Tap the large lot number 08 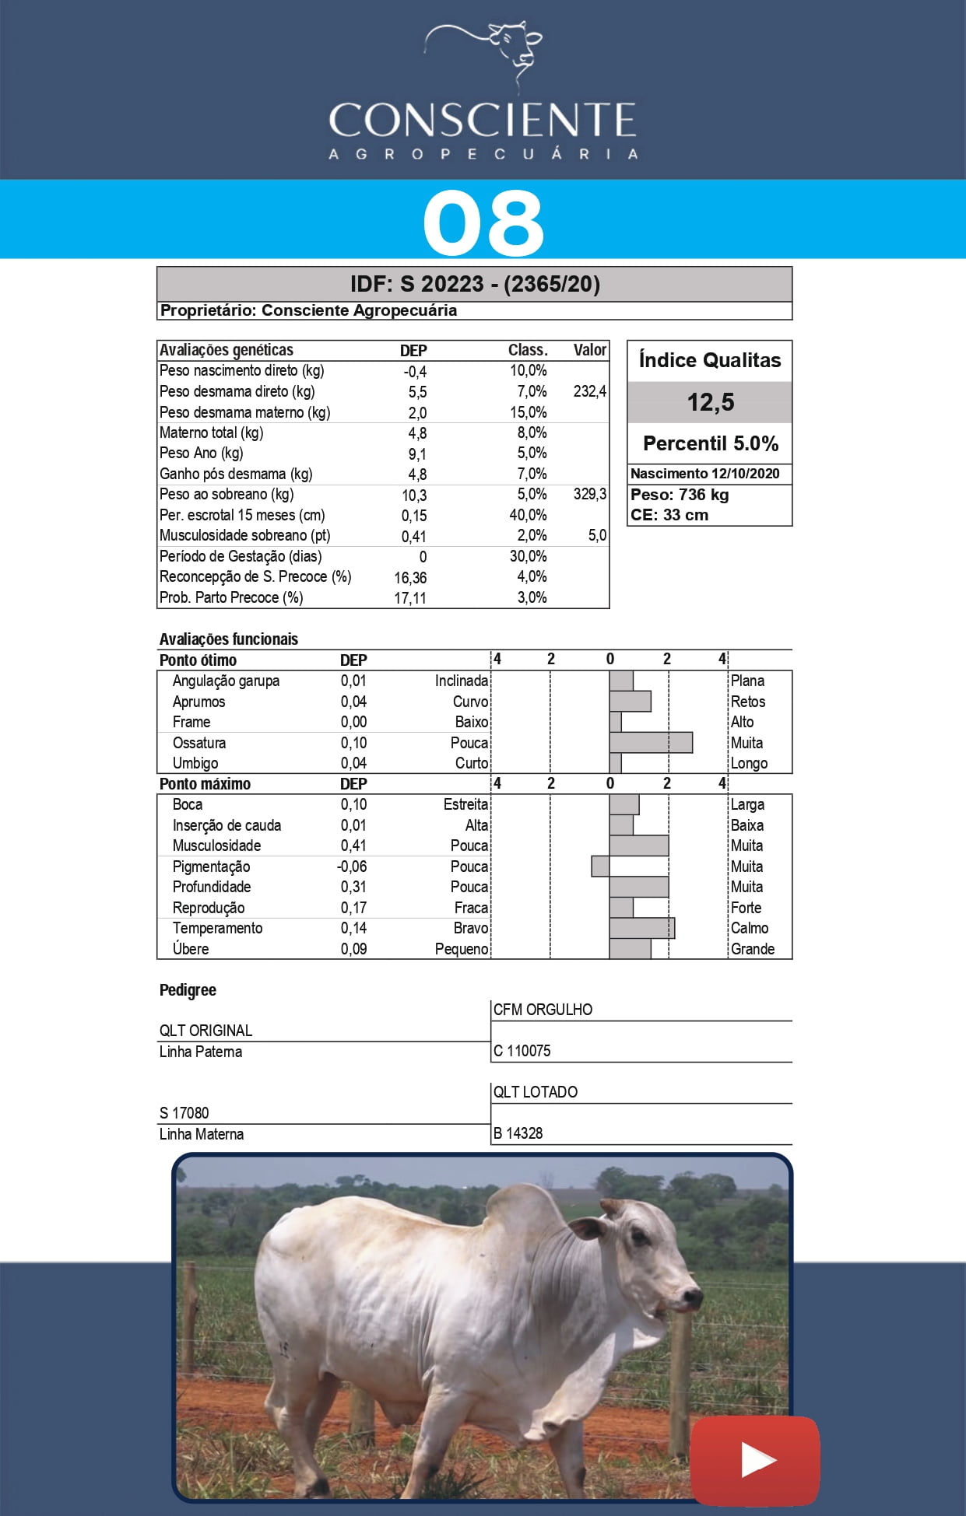tap(483, 223)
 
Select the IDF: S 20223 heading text tap(475, 284)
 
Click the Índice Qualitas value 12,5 tap(710, 402)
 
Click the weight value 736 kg tap(703, 495)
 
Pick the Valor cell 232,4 tap(589, 391)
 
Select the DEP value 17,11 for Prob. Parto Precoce tap(410, 598)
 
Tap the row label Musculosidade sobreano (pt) tap(244, 535)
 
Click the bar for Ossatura tap(651, 743)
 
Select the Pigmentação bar tap(600, 867)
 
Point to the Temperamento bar tap(642, 928)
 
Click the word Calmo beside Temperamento tap(749, 928)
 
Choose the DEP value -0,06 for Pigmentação tap(352, 867)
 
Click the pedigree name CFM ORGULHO tap(543, 1010)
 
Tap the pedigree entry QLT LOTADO tap(536, 1092)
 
